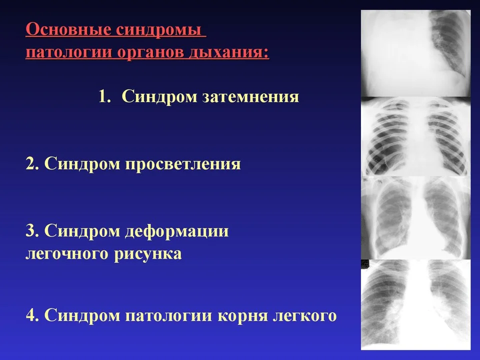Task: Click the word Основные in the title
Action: [x=68, y=29]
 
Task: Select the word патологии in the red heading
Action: [x=69, y=52]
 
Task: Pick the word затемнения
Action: [x=250, y=96]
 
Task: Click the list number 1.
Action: [x=104, y=96]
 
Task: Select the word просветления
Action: [x=183, y=164]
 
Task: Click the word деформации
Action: [x=177, y=231]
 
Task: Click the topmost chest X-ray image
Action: [x=415, y=53]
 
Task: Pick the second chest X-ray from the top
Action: [x=415, y=136]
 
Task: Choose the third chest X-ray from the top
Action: [x=415, y=217]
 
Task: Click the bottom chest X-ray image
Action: [x=415, y=304]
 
